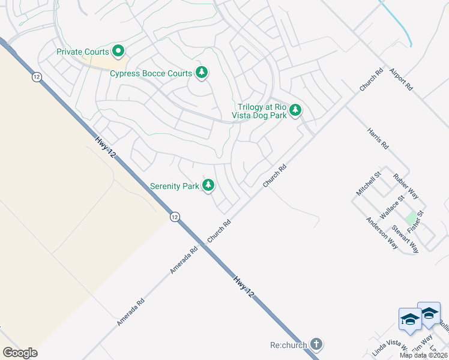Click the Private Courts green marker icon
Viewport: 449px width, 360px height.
pyautogui.click(x=118, y=52)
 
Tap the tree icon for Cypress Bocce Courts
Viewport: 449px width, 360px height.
pyautogui.click(x=202, y=73)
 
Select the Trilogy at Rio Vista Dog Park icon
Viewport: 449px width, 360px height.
pyautogui.click(x=295, y=110)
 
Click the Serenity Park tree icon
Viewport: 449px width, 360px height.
pyautogui.click(x=208, y=185)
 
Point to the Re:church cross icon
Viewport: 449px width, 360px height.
pyautogui.click(x=316, y=344)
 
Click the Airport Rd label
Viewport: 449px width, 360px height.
pyautogui.click(x=401, y=79)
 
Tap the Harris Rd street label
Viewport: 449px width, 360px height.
pyautogui.click(x=377, y=137)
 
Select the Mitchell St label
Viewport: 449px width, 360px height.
pyautogui.click(x=369, y=184)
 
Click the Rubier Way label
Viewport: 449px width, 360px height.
pyautogui.click(x=405, y=187)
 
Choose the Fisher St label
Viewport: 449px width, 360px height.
pyautogui.click(x=415, y=222)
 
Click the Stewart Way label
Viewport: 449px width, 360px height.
pyautogui.click(x=405, y=239)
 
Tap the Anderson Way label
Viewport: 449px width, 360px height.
pyautogui.click(x=382, y=233)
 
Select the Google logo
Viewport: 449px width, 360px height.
pyautogui.click(x=20, y=353)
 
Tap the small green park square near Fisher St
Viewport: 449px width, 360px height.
pyautogui.click(x=411, y=217)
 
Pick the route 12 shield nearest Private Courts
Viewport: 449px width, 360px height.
pyautogui.click(x=37, y=77)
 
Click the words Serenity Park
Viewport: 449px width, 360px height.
pyautogui.click(x=174, y=186)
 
